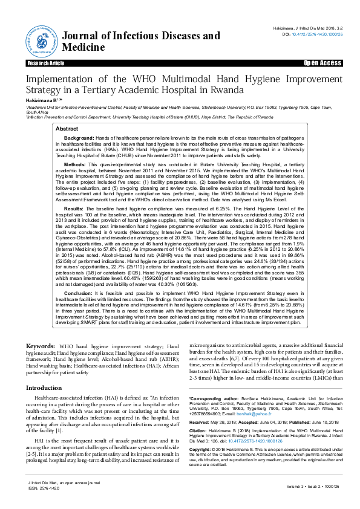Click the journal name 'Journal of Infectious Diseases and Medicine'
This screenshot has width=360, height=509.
click(141, 42)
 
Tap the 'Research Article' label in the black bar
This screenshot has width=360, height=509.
click(45, 63)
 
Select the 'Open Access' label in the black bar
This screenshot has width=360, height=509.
click(322, 63)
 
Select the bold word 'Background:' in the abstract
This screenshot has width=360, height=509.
click(63, 138)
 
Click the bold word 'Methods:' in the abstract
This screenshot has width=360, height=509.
click(59, 164)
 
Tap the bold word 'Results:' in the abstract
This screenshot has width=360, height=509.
click(59, 207)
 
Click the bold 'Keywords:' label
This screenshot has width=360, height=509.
click(41, 346)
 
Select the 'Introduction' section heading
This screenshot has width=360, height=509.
click(44, 387)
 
